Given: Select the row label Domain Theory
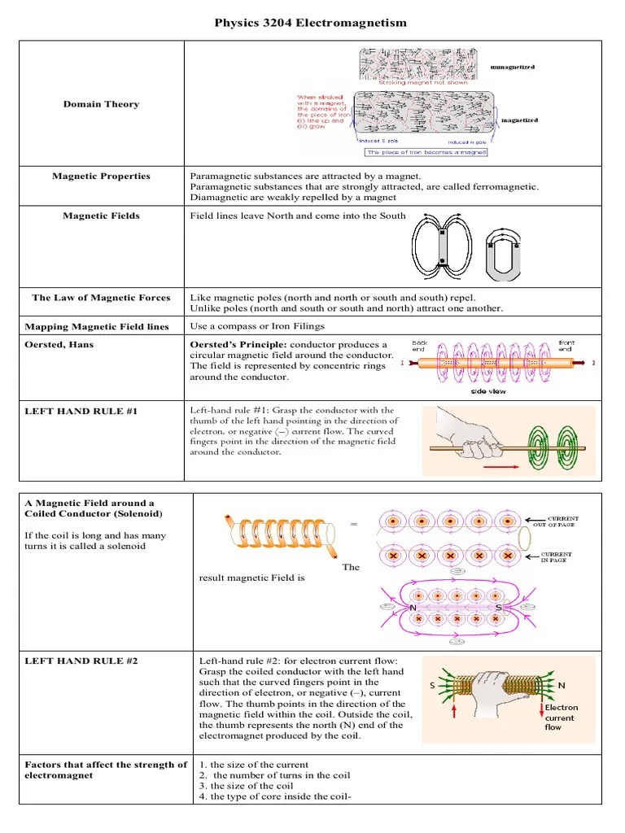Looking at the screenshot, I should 101,104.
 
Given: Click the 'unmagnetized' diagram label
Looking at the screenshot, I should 513,67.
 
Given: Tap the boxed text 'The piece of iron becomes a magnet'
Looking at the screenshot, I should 426,152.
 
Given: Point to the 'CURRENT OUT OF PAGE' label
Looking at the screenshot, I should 562,521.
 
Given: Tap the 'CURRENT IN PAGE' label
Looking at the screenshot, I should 557,557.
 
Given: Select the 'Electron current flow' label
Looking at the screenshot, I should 562,717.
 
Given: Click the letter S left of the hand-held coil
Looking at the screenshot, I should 433,686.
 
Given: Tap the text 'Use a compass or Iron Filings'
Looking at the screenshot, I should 256,326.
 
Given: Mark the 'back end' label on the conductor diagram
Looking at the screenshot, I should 421,346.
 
